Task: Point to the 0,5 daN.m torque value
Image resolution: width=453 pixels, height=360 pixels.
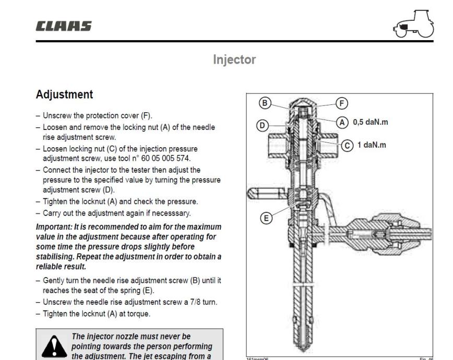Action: tap(372, 123)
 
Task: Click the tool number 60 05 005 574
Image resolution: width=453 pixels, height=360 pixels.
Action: tap(189, 156)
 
